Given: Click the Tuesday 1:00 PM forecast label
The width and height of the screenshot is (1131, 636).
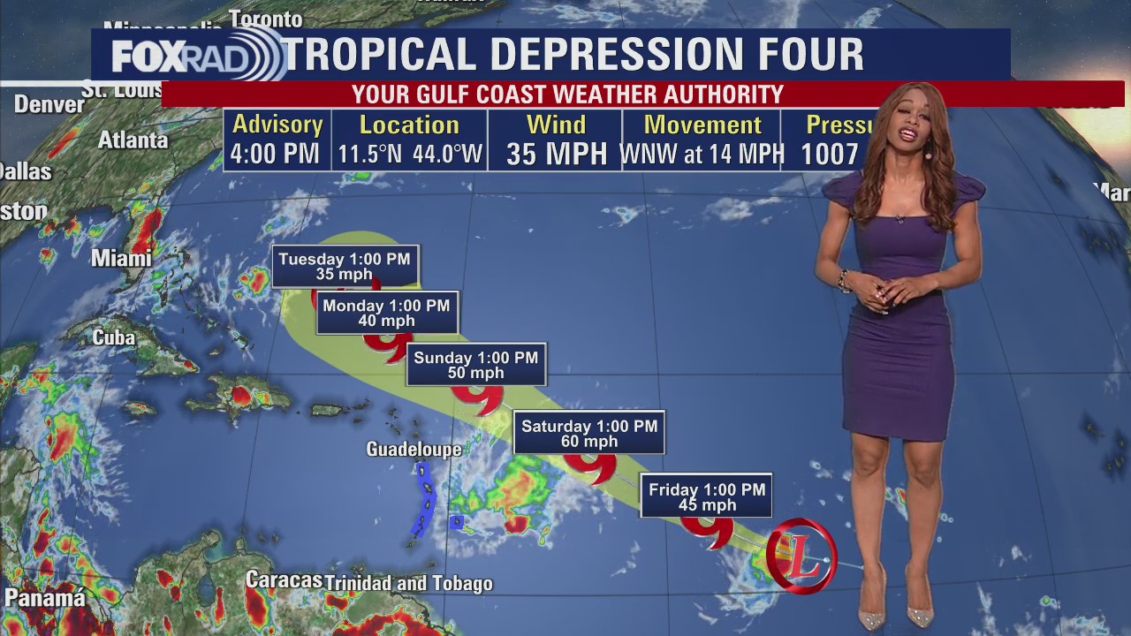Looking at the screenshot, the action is coord(345,266).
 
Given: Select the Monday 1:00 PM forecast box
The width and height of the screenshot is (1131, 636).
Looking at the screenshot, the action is coord(386,313).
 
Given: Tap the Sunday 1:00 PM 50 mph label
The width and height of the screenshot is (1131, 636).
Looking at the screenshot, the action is coord(475,365).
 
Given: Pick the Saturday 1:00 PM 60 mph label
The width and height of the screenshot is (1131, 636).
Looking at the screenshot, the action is coord(588,433).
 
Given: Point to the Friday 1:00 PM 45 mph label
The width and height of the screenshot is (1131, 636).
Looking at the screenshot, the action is coord(706,496).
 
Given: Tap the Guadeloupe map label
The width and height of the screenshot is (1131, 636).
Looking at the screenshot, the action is coord(414,450).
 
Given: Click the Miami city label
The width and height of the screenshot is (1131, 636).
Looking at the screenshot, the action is coord(121,259).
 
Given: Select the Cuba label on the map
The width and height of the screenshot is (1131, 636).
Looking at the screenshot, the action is coord(114,337).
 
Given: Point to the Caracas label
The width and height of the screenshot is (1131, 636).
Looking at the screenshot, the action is coord(283,580).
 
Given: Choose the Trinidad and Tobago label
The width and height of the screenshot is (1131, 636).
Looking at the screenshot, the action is coord(409,584).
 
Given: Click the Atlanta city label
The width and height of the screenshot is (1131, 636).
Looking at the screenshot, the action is coord(133,140).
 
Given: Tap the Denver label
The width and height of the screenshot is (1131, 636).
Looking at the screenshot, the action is coord(49,104).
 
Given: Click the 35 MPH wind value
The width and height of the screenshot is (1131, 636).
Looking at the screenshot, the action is coord(557,155).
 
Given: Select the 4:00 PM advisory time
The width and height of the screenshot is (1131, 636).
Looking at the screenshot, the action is coord(275,155).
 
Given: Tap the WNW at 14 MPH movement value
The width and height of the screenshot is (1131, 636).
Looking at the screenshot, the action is coord(702,155).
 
